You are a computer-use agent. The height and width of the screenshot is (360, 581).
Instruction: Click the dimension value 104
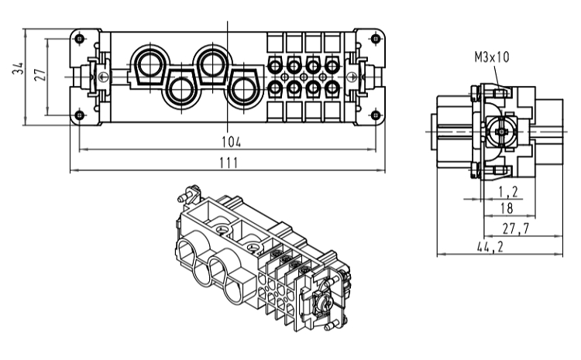point(231,142)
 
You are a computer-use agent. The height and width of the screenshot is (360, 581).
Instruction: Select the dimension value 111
point(229,163)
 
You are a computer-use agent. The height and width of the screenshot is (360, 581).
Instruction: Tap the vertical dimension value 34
point(18,68)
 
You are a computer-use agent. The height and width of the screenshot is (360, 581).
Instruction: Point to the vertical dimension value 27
point(40,74)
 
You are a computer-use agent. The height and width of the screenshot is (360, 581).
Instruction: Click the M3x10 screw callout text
point(492,57)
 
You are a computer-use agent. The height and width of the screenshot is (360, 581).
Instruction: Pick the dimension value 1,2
point(508,192)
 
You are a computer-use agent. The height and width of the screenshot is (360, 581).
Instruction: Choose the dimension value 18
point(507,208)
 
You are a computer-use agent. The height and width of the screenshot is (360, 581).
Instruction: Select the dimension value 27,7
point(516,228)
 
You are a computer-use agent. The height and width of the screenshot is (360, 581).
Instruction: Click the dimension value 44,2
point(490,247)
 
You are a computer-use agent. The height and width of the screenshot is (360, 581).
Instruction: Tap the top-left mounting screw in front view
point(80,39)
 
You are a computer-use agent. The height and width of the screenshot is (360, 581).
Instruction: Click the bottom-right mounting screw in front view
point(376,115)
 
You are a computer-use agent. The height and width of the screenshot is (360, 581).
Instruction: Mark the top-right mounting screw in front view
point(376,39)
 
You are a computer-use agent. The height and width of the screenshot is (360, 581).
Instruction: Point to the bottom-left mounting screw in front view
point(80,115)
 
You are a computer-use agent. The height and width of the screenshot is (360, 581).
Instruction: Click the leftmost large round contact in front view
point(149,63)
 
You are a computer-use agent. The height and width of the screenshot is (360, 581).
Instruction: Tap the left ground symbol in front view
point(103,77)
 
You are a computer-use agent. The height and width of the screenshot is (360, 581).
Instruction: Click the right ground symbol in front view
point(352,77)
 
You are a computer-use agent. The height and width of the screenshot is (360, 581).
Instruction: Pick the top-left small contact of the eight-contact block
point(274,67)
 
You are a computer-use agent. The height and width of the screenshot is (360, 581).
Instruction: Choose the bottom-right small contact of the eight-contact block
point(332,88)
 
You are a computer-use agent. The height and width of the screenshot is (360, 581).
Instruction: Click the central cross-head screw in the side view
point(500,132)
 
